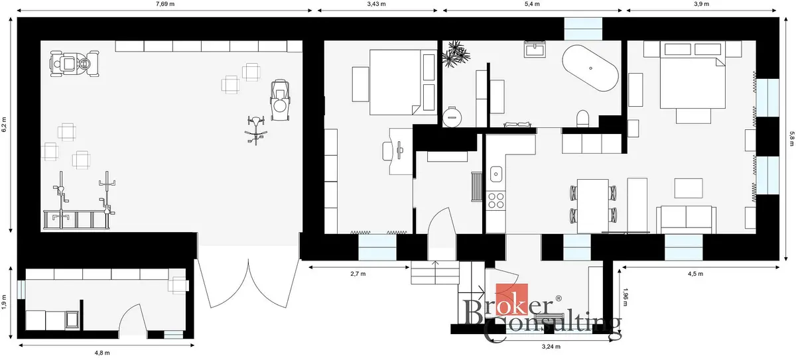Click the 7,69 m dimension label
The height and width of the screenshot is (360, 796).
(x=165, y=4)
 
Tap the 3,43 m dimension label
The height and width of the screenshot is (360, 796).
(x=376, y=4)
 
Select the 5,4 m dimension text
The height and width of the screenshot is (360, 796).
(x=532, y=4)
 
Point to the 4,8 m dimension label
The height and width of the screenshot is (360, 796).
(x=102, y=353)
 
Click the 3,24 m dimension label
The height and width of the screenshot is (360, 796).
(x=551, y=347)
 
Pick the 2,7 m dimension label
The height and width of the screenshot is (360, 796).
(x=358, y=274)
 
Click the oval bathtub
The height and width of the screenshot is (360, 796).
(x=590, y=68)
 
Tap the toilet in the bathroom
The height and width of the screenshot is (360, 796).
(x=582, y=118)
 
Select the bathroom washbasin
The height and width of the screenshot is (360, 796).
(x=535, y=49)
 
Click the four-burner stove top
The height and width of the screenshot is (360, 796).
(x=496, y=200)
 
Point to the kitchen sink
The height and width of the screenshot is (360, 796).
(x=496, y=174)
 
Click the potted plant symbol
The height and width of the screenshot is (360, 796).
(x=456, y=54)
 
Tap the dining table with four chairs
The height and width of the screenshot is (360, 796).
(x=593, y=206)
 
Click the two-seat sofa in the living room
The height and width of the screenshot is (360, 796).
(x=686, y=219)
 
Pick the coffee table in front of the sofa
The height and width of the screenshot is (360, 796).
(x=689, y=188)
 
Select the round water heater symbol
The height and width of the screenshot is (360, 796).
(x=452, y=117)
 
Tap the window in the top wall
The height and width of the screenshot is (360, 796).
(x=583, y=29)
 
